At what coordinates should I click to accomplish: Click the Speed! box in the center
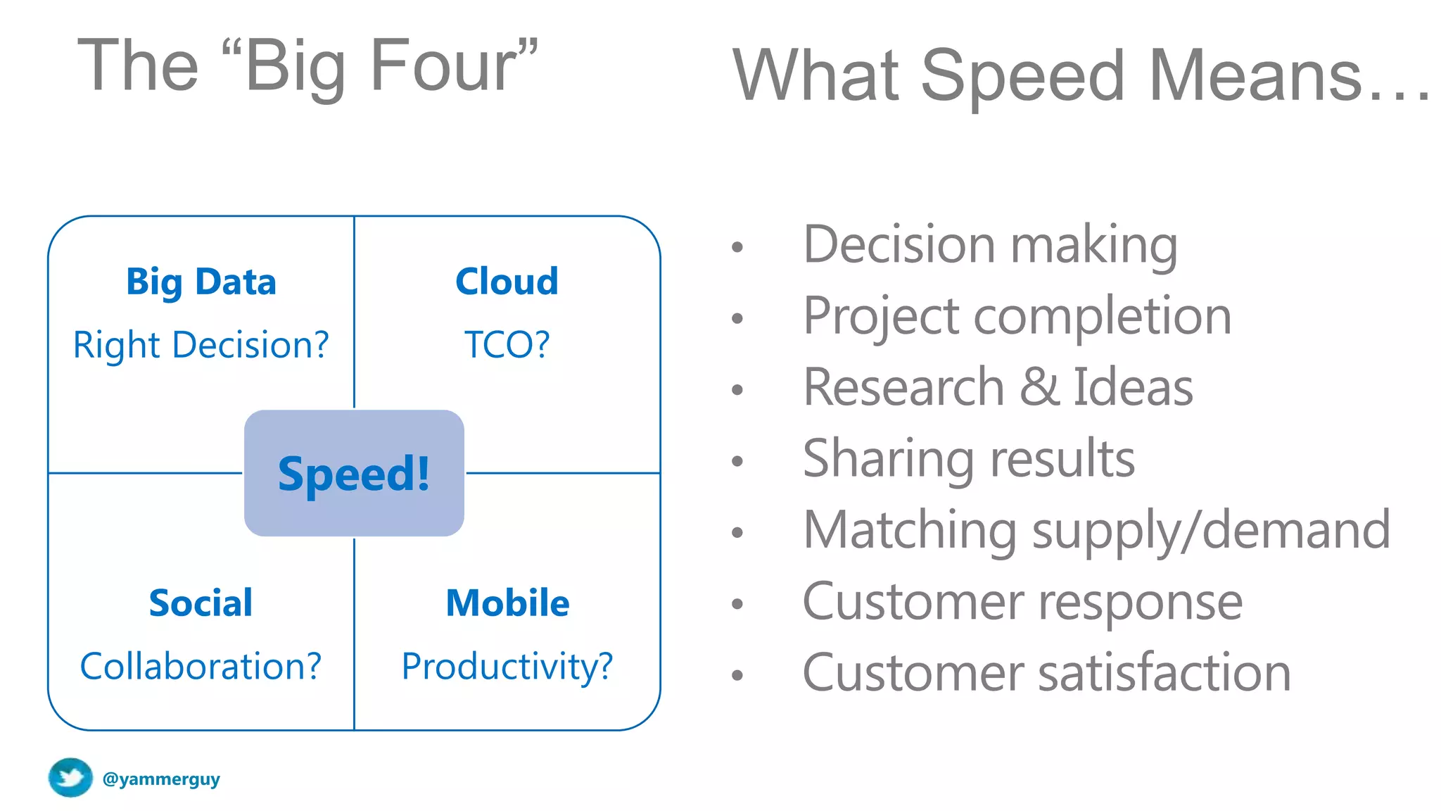click(x=354, y=473)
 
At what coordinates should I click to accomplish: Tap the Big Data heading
click(x=201, y=282)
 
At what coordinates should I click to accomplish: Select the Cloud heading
click(x=507, y=282)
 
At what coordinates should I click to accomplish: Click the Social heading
click(x=201, y=603)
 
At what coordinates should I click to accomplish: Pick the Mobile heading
click(x=507, y=603)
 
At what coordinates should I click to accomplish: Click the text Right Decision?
click(x=201, y=345)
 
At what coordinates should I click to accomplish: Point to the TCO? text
click(x=507, y=345)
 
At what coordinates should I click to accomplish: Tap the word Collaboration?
click(x=201, y=666)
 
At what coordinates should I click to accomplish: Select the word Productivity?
click(x=507, y=666)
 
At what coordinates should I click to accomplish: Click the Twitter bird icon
click(x=70, y=778)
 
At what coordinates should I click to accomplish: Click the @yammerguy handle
click(x=161, y=779)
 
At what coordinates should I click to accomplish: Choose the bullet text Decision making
click(x=990, y=245)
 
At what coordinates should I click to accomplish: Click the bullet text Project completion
click(x=1017, y=316)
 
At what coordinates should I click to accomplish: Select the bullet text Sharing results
click(x=968, y=458)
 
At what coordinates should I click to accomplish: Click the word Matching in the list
click(x=909, y=530)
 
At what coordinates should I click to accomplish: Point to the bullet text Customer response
click(x=1022, y=602)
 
